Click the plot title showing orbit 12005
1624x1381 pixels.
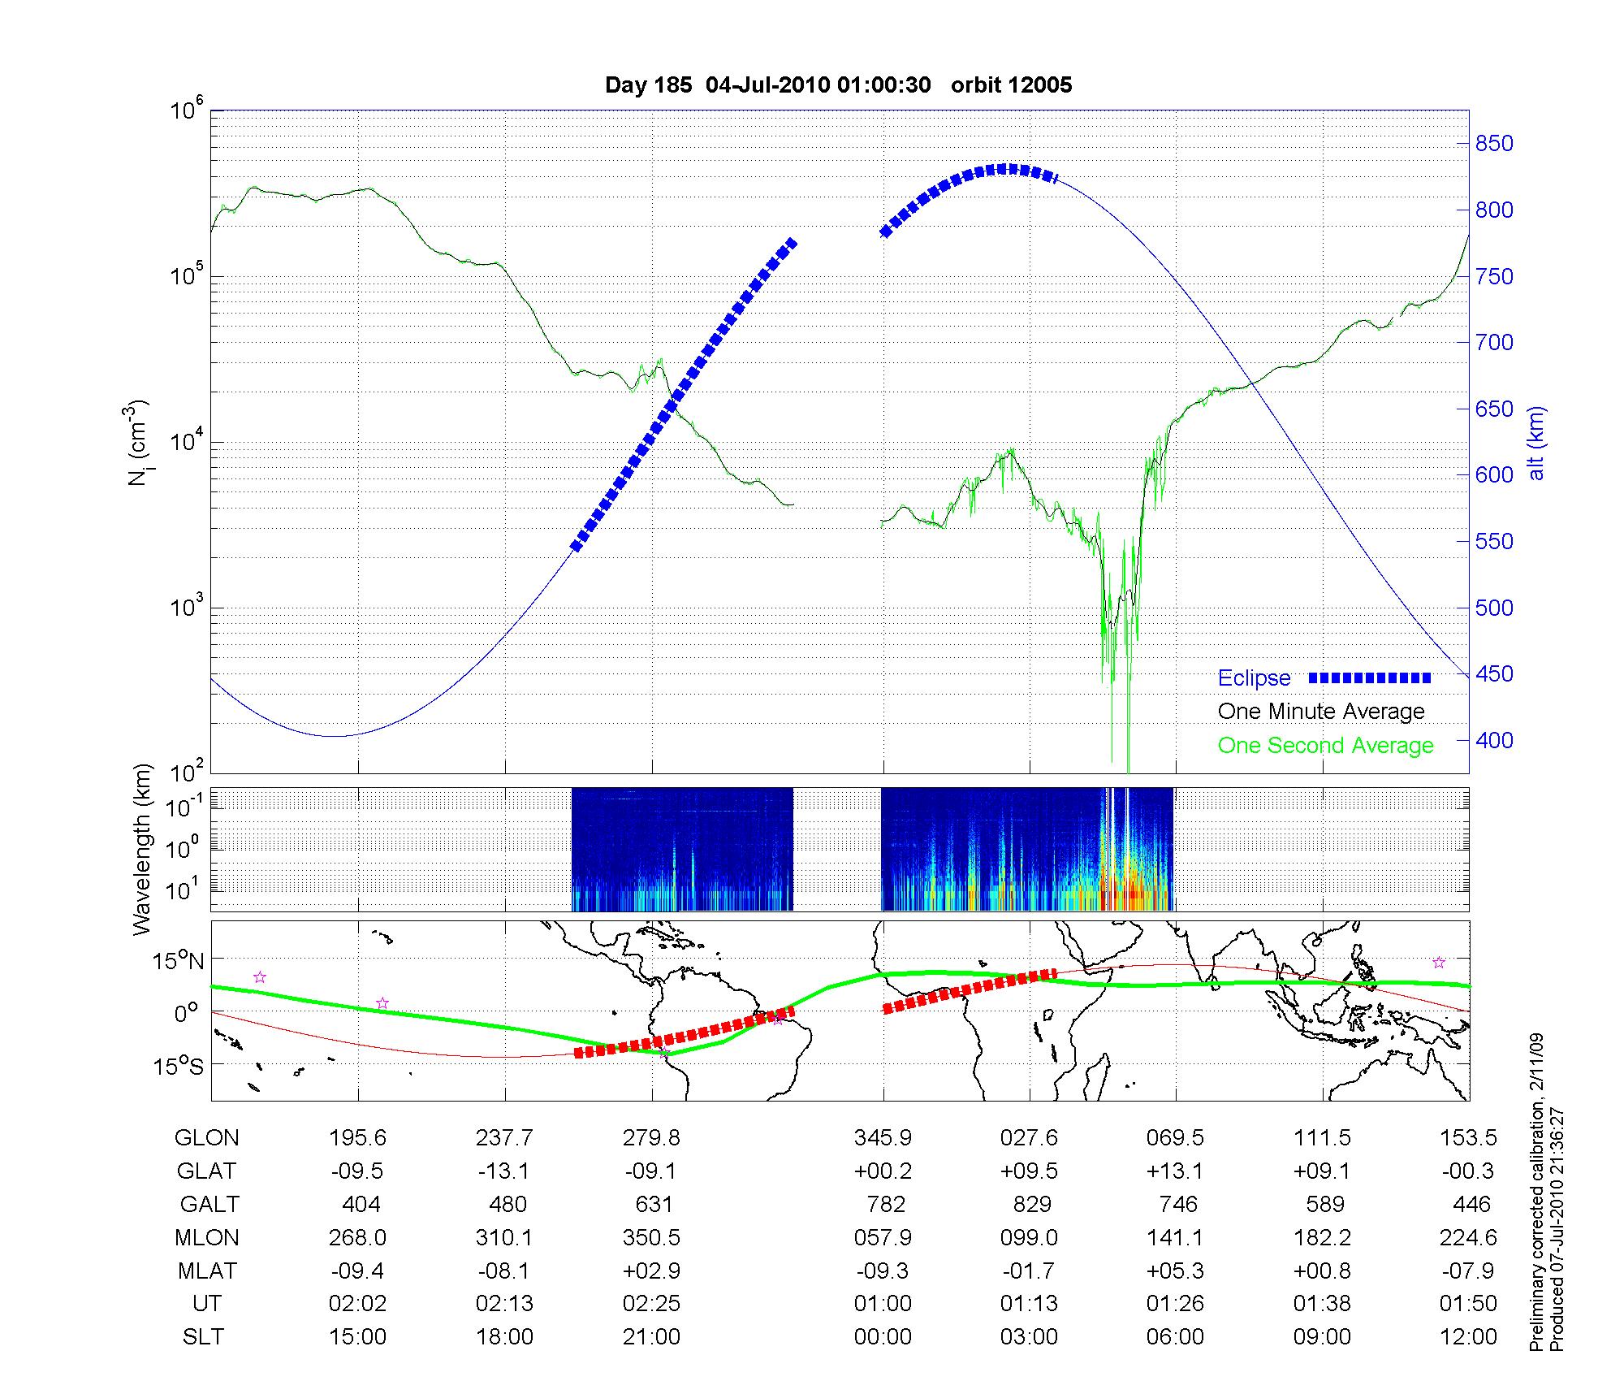click(838, 85)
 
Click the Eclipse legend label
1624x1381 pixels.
click(1254, 678)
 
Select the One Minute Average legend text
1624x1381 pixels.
click(1321, 712)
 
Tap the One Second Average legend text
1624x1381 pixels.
click(1325, 745)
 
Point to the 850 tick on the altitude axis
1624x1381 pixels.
click(1494, 144)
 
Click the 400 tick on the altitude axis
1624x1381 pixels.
click(1494, 740)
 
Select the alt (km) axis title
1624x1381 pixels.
click(1536, 443)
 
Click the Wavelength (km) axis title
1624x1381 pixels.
click(142, 849)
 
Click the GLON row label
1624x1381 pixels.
click(206, 1137)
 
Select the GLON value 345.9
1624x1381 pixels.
click(883, 1137)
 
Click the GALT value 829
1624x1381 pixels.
click(1031, 1204)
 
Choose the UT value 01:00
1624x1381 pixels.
click(883, 1303)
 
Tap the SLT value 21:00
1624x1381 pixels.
click(651, 1336)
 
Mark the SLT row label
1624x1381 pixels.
click(203, 1336)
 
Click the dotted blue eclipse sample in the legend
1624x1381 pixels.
click(1370, 678)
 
